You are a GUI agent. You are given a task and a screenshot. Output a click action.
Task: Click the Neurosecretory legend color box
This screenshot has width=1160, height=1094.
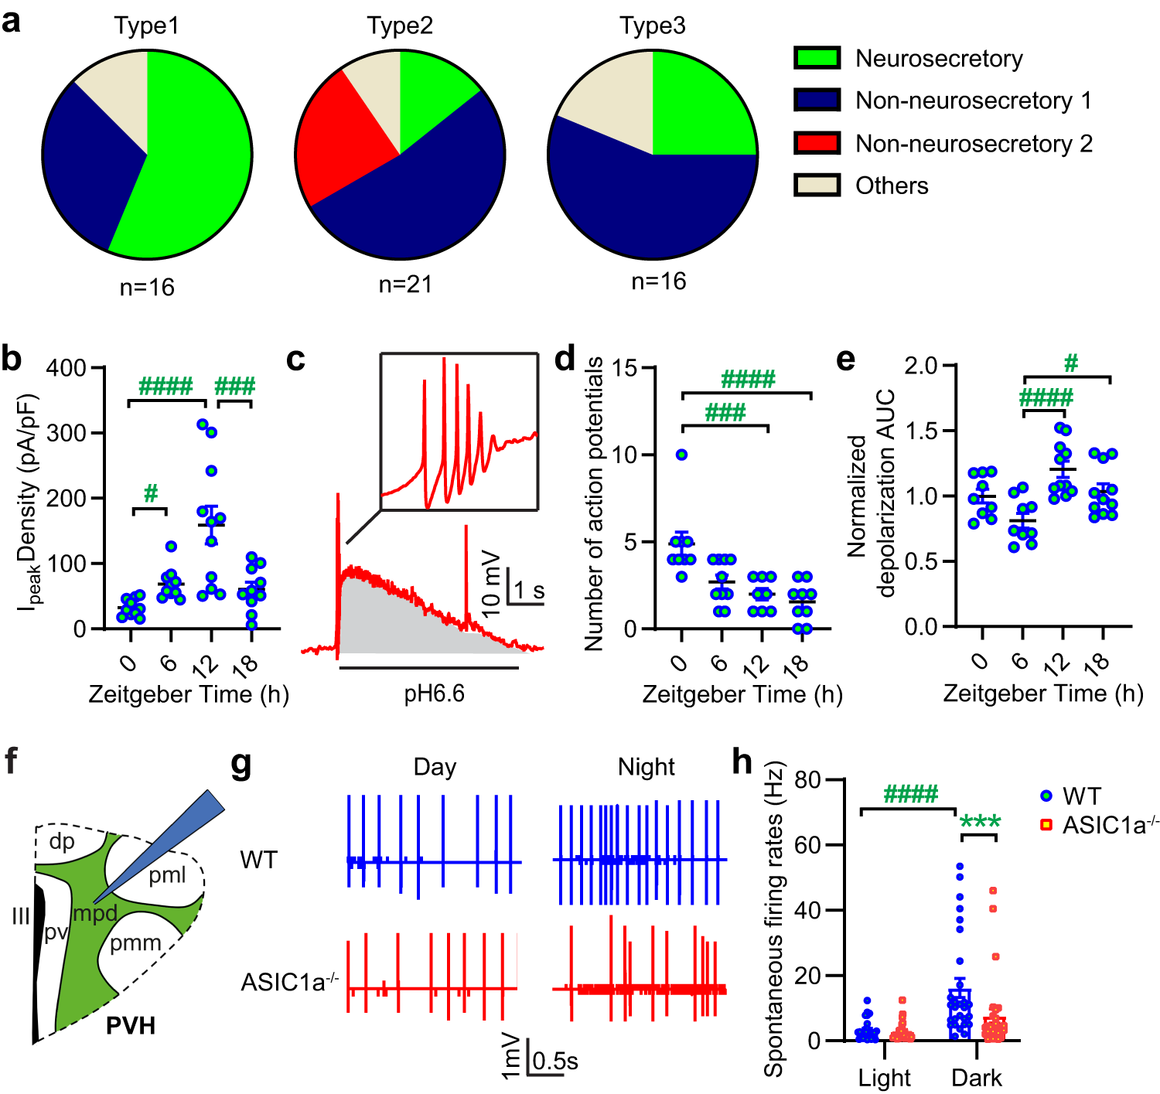tap(817, 58)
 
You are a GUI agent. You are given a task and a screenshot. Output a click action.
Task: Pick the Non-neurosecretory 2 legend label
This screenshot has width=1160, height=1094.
tap(974, 144)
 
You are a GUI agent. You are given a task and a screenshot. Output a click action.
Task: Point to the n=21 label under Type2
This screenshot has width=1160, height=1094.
tap(405, 285)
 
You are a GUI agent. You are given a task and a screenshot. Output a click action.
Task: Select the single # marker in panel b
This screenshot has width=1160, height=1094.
tap(151, 493)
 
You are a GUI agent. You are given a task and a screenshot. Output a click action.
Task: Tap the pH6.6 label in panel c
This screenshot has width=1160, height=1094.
tap(434, 694)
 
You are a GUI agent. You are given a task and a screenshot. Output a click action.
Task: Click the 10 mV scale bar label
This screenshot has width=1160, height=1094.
tap(490, 584)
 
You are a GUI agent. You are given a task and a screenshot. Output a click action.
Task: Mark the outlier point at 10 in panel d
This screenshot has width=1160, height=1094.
tap(681, 455)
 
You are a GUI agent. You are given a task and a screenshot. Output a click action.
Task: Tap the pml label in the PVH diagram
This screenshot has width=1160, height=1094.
tap(167, 875)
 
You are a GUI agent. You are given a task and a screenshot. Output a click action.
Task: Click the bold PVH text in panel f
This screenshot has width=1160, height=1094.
tap(131, 1026)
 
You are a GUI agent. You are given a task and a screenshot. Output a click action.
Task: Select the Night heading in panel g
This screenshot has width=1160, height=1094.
tap(646, 767)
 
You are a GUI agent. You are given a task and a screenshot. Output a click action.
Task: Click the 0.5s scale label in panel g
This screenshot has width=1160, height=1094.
tap(554, 1061)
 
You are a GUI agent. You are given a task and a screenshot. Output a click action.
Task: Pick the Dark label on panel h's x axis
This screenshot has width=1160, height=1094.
tap(976, 1078)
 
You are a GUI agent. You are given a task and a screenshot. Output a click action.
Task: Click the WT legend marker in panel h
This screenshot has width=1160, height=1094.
tap(1047, 796)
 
